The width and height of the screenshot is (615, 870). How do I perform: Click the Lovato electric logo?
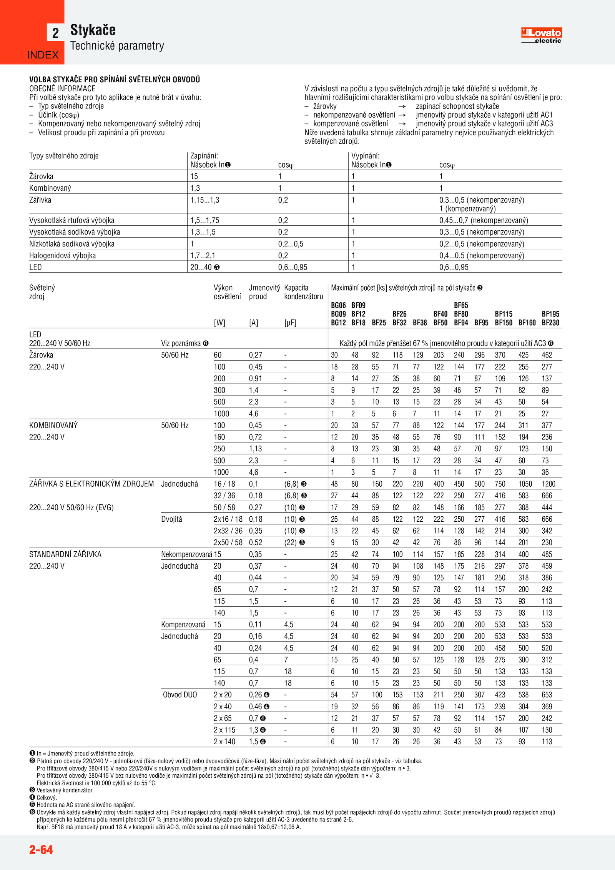[x=541, y=35]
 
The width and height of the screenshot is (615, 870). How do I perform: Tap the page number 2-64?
[x=41, y=849]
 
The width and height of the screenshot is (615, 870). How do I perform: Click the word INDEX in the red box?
[x=43, y=55]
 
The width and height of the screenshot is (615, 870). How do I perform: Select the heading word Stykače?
[x=93, y=30]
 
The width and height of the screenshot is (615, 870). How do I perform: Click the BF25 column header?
[x=379, y=323]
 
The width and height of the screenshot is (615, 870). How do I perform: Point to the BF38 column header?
[x=420, y=323]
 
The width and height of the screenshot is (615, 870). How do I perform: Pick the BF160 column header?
[x=527, y=323]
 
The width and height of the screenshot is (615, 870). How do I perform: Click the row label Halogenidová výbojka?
[x=63, y=255]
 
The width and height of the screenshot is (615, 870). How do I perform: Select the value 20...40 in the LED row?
[x=201, y=267]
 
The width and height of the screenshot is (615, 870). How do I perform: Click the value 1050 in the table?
[x=525, y=484]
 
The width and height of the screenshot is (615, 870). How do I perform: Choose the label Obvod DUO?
[x=180, y=695]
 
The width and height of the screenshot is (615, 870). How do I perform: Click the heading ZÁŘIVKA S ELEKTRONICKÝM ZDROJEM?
[x=91, y=484]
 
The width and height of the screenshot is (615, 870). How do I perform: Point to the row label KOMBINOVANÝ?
[x=53, y=425]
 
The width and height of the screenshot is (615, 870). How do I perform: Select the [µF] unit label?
[x=290, y=323]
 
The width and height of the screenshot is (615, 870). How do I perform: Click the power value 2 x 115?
[x=224, y=730]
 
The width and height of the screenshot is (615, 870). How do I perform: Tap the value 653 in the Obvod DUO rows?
[x=547, y=695]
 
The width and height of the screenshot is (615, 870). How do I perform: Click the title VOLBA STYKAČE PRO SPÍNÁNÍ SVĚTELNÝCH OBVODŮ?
[x=115, y=80]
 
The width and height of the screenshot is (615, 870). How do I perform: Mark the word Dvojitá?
[x=171, y=519]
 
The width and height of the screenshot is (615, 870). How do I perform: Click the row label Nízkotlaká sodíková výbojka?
[x=72, y=244]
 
